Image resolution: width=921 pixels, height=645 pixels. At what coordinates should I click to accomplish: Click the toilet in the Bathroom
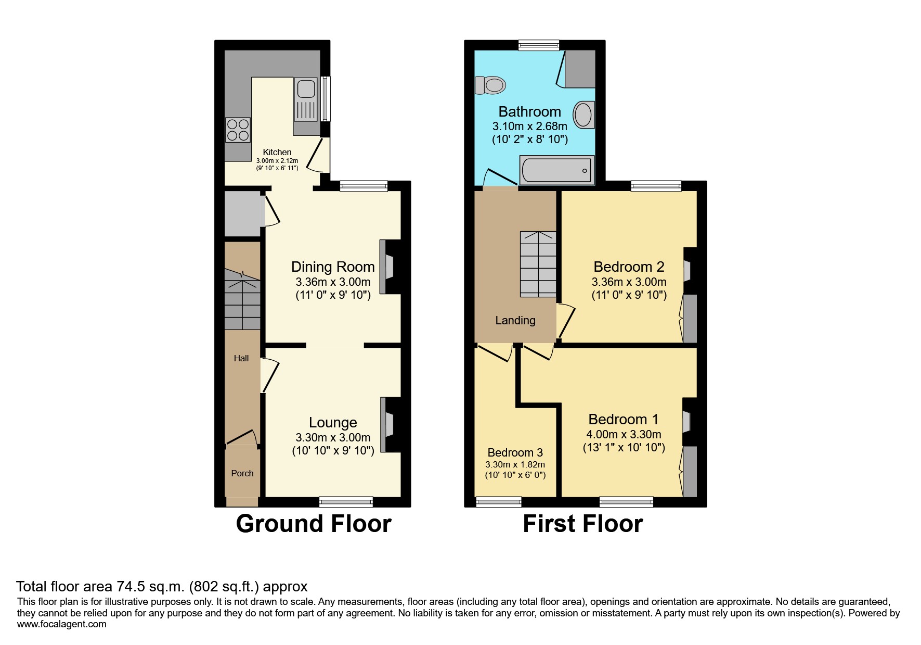[x=490, y=85]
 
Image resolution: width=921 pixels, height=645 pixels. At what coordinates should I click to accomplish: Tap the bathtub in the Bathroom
[x=556, y=170]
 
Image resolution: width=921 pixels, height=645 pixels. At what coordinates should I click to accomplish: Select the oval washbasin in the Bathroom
[x=583, y=115]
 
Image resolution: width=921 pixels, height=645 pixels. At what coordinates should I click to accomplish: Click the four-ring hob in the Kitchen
[x=238, y=130]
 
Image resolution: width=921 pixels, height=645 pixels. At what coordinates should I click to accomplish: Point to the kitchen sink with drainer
[x=306, y=100]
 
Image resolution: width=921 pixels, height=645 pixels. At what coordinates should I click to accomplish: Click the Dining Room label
[x=333, y=267]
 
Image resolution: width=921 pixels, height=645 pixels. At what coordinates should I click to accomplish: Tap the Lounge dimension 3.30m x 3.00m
[x=333, y=438]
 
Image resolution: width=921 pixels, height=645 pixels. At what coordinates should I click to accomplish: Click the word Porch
[x=242, y=473]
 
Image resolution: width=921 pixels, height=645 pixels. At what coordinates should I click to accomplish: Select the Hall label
[x=241, y=358]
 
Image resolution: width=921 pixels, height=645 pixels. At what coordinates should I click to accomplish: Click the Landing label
[x=515, y=321]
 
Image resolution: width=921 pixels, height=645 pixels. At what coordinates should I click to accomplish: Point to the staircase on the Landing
[x=538, y=264]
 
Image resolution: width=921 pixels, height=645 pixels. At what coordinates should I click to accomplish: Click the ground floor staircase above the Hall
[x=242, y=299]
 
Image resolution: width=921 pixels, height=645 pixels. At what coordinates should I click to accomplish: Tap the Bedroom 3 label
[x=515, y=452]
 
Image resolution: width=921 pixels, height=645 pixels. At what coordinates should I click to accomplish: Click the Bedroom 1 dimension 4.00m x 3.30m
[x=624, y=435]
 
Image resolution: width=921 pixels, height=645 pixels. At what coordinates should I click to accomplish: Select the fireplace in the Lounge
[x=387, y=424]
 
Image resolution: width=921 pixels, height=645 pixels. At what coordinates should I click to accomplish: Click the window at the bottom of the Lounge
[x=346, y=502]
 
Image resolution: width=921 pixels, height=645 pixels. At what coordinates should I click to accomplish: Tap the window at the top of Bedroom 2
[x=656, y=186]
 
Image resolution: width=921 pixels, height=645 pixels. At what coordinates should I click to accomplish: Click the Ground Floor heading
[x=313, y=524]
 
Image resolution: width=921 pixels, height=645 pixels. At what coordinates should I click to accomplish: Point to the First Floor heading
[x=582, y=524]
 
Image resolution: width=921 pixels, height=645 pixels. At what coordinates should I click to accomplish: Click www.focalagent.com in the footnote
[x=61, y=625]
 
